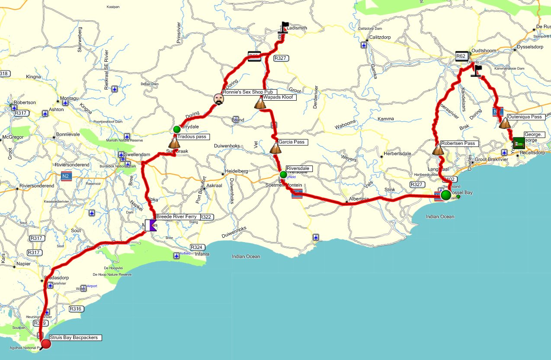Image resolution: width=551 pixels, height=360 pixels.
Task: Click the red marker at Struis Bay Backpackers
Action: pos(45,344)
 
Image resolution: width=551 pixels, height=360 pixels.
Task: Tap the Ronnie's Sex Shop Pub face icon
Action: pos(219,99)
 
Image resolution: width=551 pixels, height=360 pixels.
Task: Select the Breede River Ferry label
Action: pos(176,217)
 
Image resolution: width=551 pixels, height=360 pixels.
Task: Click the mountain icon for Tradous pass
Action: pos(174,143)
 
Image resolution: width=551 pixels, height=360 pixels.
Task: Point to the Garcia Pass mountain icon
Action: pos(275,148)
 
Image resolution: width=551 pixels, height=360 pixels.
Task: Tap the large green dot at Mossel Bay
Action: pos(445,195)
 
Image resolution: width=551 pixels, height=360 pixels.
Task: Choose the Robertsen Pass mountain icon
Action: pos(438,150)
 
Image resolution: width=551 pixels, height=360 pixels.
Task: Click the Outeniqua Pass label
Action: pos(525,117)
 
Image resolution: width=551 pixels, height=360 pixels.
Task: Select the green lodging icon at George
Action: pos(519,142)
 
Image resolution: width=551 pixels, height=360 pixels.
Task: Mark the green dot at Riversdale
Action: pos(283,175)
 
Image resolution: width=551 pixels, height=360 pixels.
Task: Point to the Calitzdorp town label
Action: pos(379,37)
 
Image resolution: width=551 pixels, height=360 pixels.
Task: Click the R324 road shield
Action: pos(197,247)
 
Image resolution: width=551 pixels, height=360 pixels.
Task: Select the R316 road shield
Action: pos(76,309)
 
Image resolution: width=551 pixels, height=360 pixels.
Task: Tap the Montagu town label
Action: pos(69,99)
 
